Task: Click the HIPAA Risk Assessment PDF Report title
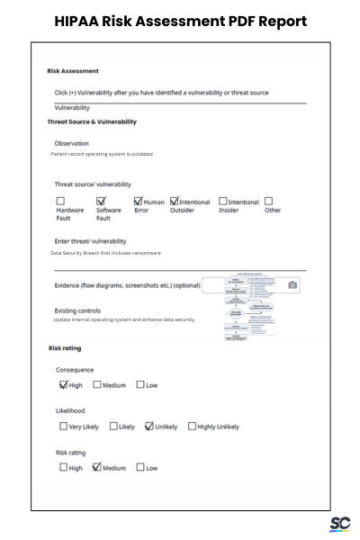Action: (180, 21)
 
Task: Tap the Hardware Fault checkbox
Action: (61, 202)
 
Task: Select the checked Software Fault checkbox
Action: (101, 202)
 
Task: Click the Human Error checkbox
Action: (139, 202)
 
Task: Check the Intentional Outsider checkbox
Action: (174, 202)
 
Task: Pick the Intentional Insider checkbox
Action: (222, 202)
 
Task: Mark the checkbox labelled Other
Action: (269, 202)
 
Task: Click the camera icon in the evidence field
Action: (292, 285)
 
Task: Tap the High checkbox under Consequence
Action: (64, 384)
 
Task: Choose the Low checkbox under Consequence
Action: (140, 384)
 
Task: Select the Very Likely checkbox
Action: (64, 426)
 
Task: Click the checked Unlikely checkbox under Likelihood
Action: (149, 426)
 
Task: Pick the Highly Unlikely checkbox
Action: (192, 426)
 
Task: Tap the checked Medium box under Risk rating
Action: (97, 467)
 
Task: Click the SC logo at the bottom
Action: (339, 525)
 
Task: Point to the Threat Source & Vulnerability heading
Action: (92, 121)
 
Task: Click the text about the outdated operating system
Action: (102, 154)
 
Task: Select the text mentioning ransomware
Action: (105, 253)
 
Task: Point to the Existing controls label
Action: (77, 310)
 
